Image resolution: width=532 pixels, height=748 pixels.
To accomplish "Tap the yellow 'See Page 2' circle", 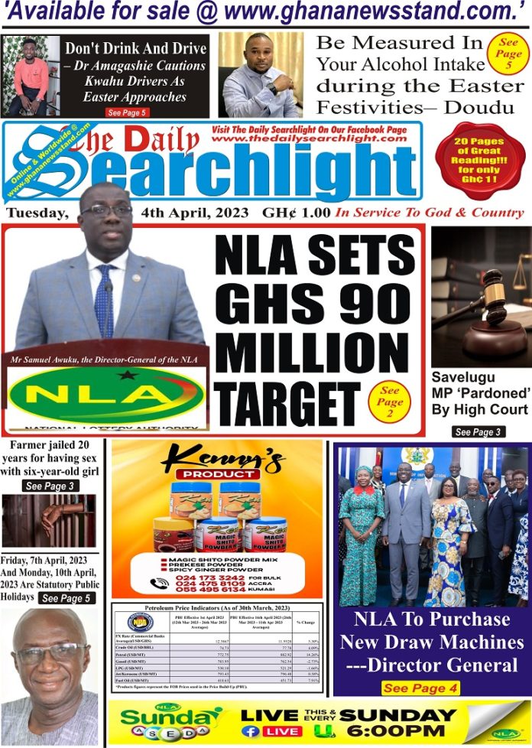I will point(389,402).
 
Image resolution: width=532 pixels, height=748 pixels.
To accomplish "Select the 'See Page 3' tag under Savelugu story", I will point(478,432).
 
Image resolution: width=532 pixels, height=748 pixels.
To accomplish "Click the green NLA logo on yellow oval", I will point(107,395).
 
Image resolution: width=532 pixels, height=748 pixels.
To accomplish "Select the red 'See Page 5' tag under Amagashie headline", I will point(127,112).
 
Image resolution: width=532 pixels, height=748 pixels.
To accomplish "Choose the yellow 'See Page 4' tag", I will point(421,688).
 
